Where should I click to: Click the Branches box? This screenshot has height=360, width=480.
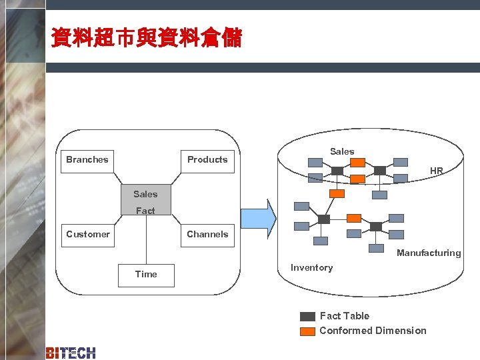(87, 160)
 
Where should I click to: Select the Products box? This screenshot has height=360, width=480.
(207, 160)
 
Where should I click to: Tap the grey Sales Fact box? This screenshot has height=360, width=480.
(145, 200)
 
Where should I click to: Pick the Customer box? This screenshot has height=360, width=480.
(87, 235)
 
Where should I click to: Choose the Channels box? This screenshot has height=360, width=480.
(207, 235)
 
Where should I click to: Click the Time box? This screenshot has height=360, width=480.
(146, 275)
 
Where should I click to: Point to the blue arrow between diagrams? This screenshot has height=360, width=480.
(258, 218)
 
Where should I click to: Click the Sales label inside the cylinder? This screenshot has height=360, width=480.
(342, 151)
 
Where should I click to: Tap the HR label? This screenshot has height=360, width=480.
(436, 171)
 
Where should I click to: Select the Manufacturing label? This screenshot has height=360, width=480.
(429, 253)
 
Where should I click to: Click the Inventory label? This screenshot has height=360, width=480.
(311, 267)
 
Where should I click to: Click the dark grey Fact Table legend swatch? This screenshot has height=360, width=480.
(307, 317)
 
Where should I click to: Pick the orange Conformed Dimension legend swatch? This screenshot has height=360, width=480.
(307, 331)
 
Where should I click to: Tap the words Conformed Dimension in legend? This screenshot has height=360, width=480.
(373, 331)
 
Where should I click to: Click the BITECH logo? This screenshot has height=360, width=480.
(71, 353)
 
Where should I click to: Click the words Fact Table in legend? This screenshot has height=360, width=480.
(344, 316)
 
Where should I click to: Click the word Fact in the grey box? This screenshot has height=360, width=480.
(145, 211)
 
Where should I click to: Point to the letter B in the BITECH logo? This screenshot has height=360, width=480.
(50, 353)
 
